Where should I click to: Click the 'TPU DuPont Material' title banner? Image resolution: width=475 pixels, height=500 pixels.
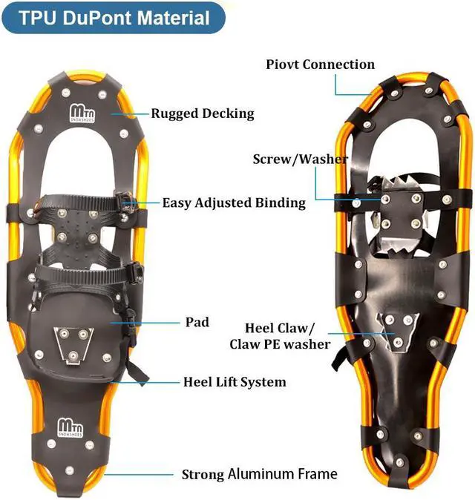[113, 19]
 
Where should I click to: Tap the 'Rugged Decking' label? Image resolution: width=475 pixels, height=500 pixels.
[203, 114]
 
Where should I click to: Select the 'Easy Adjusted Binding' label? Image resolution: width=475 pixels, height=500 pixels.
[234, 203]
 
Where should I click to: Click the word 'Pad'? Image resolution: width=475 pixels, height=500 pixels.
[197, 322]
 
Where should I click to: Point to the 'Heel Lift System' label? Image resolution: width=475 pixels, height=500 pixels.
[235, 382]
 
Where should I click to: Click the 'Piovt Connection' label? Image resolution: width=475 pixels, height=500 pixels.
[320, 65]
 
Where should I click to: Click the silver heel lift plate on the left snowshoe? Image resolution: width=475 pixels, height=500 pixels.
[72, 345]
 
